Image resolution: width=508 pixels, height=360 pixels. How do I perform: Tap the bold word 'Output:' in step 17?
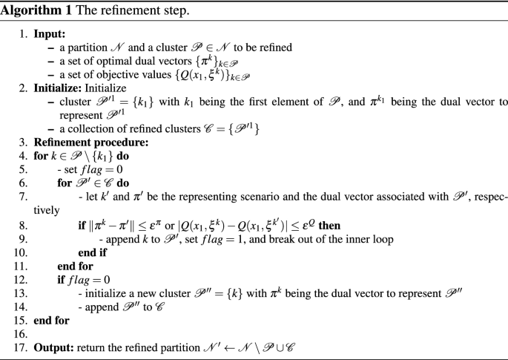click(x=51, y=344)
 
